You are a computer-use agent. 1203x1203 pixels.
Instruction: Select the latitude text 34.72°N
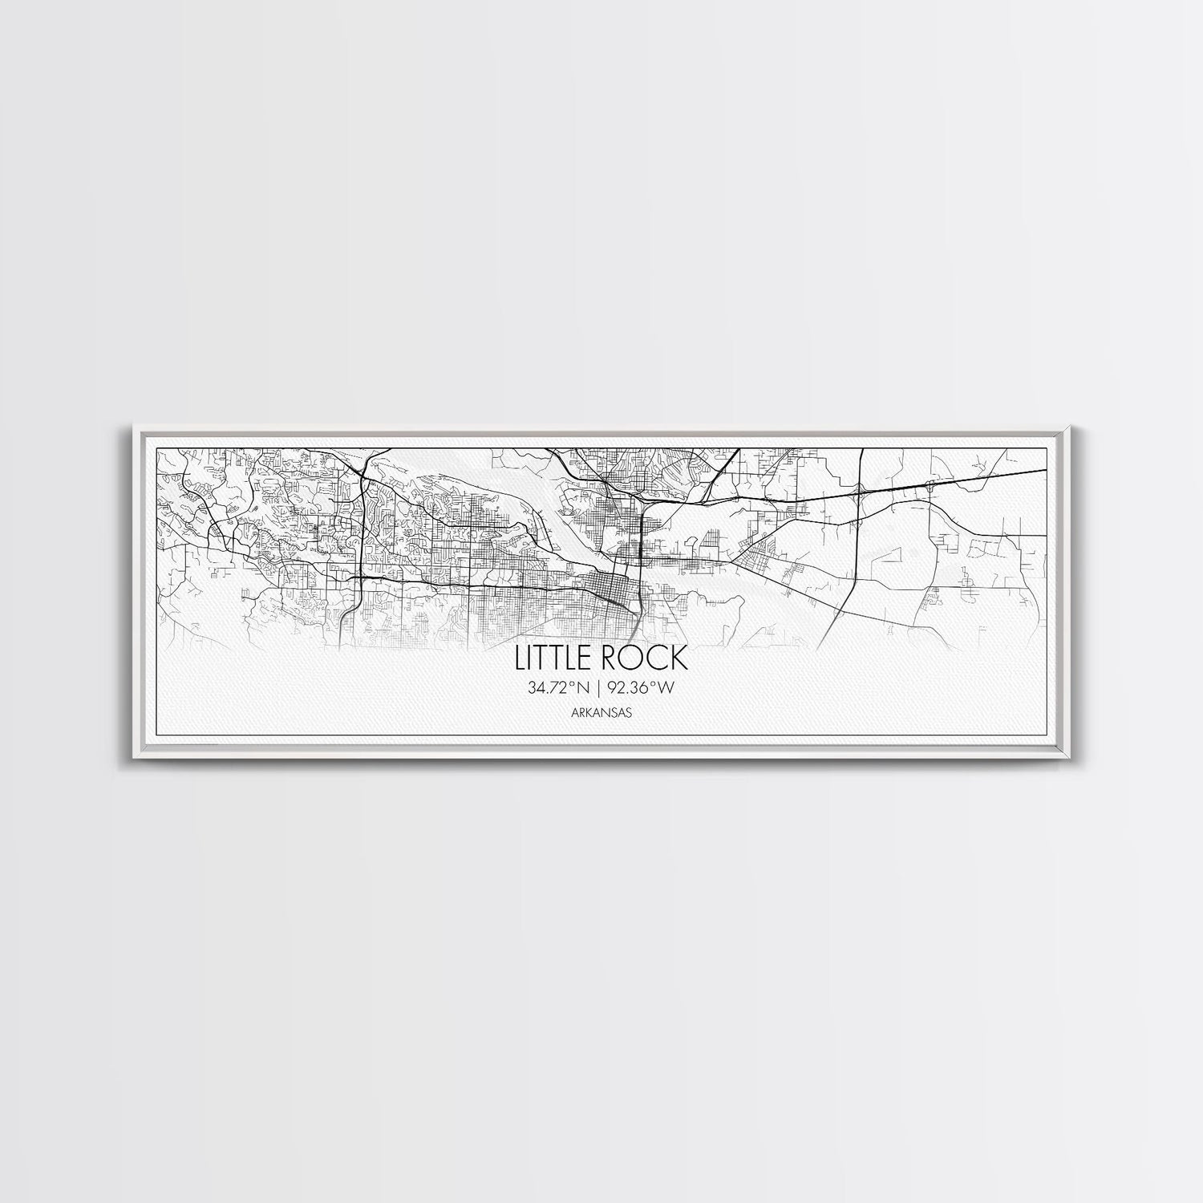coord(560,687)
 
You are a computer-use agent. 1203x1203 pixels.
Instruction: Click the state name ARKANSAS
coord(601,711)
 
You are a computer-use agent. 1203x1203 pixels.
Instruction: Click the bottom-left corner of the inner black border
coord(154,735)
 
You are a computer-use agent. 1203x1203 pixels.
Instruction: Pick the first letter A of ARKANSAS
coord(575,711)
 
